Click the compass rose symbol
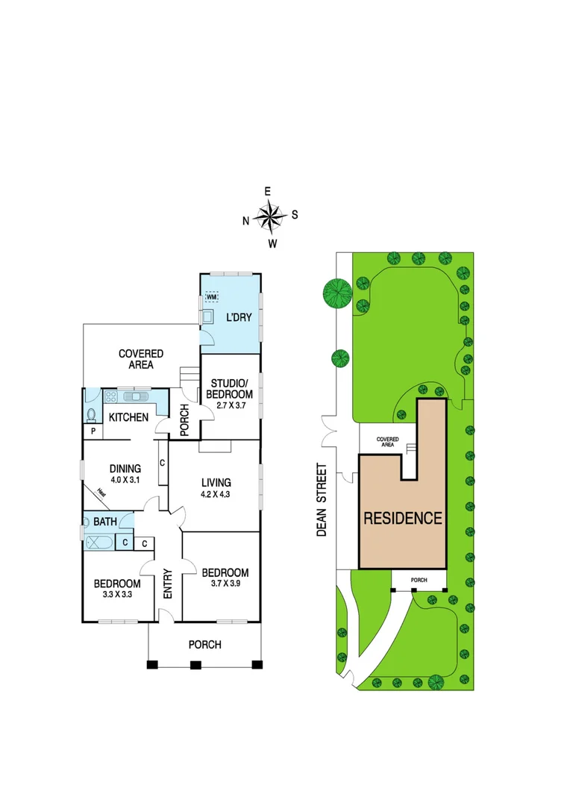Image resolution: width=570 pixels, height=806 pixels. click(270, 216)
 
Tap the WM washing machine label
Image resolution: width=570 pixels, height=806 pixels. click(213, 297)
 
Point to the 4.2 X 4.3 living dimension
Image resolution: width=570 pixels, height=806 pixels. click(215, 495)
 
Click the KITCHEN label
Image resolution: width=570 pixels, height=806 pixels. click(128, 417)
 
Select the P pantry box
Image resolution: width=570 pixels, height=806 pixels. click(93, 431)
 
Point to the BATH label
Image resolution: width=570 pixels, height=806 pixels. click(104, 521)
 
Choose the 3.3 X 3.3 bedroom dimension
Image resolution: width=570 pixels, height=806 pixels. click(116, 596)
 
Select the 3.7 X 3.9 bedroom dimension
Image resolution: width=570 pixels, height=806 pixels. click(225, 585)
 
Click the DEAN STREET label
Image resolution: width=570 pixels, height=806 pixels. click(322, 500)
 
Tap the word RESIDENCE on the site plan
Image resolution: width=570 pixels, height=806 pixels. click(403, 518)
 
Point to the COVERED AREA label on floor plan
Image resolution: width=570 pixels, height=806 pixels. click(141, 359)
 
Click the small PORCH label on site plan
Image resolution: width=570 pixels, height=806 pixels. click(419, 578)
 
